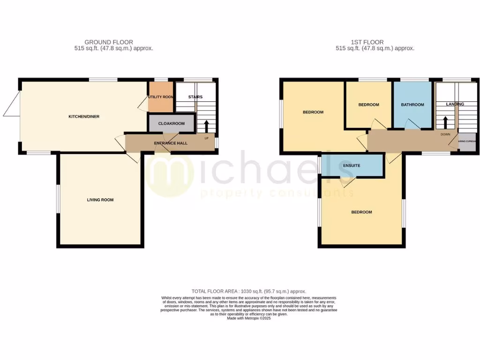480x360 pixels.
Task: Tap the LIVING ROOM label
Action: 100,200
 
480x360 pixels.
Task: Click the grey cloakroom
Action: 171,124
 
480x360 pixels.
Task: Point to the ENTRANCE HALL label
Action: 171,143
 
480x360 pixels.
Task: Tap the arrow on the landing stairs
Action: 445,122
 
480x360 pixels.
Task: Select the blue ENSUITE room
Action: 352,165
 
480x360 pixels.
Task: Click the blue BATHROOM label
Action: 412,105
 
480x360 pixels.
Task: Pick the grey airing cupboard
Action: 467,142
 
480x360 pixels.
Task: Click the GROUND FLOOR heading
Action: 109,42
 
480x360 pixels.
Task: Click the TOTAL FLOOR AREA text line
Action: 248,292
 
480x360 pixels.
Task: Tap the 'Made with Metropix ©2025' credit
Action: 249,318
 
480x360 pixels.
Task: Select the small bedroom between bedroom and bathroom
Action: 368,105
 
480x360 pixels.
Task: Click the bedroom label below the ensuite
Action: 361,212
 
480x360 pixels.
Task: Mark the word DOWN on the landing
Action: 445,135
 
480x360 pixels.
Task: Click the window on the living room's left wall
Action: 58,199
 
